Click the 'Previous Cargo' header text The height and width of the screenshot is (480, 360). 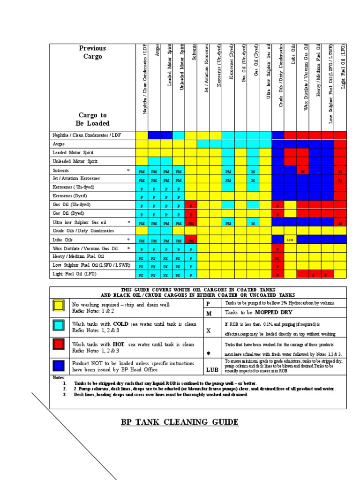click(x=92, y=52)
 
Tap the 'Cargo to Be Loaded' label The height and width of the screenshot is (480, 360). click(x=92, y=119)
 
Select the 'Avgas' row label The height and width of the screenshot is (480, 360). click(x=59, y=144)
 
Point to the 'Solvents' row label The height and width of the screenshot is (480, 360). click(x=61, y=171)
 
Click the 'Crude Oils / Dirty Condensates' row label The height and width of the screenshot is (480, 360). click(x=83, y=231)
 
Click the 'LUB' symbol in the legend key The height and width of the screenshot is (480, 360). click(x=212, y=370)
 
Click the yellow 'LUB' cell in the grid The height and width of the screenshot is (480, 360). click(x=290, y=240)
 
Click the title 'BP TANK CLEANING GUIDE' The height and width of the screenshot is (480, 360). click(x=180, y=422)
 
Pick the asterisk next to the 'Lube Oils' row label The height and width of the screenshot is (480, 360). click(x=128, y=239)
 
